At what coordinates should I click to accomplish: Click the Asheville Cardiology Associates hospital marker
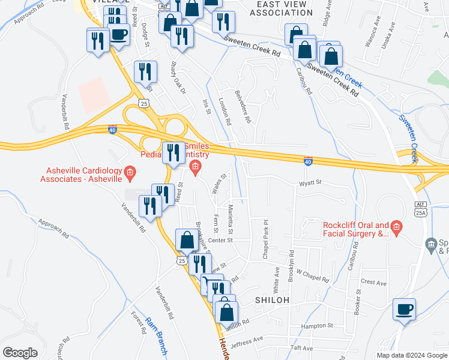[129, 174]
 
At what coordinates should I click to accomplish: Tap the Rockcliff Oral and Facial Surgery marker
[396, 227]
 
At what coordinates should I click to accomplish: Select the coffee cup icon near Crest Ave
[404, 310]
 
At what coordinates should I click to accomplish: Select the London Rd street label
[225, 111]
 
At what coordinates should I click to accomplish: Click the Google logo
[20, 353]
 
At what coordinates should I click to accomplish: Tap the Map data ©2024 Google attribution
[411, 355]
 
